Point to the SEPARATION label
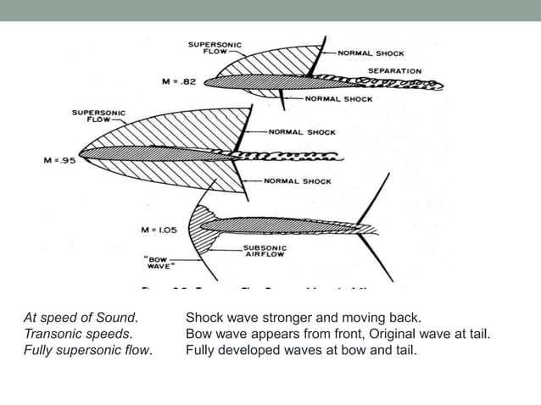point(394,69)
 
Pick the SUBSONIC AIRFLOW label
point(265,251)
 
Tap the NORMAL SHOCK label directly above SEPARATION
point(371,53)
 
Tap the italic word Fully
point(37,348)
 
